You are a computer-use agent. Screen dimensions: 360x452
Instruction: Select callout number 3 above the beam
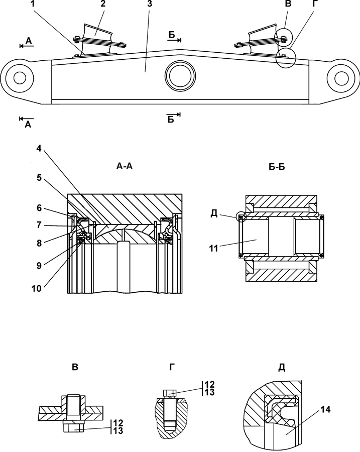tap(149, 4)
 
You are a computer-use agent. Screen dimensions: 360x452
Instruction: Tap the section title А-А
tap(125, 166)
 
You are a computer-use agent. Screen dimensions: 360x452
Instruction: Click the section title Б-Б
tap(277, 166)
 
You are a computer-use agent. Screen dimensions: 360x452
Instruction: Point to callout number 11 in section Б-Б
tap(213, 248)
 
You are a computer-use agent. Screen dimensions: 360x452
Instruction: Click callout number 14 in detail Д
tap(325, 409)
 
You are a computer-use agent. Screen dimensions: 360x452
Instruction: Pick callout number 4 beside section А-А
tap(39, 149)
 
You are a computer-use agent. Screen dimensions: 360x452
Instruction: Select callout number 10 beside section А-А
tap(37, 288)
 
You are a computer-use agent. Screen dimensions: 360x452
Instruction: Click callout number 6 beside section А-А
tap(39, 208)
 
